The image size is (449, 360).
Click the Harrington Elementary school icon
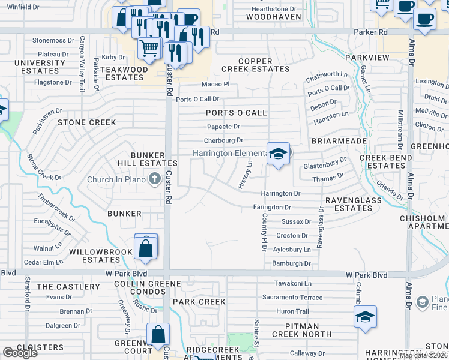click(x=278, y=154)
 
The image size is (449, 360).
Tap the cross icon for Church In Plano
click(x=154, y=178)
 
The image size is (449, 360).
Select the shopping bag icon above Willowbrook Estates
click(x=146, y=247)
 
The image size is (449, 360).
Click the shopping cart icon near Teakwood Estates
click(x=149, y=47)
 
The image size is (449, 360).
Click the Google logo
click(x=20, y=353)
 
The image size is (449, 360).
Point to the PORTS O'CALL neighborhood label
click(x=236, y=113)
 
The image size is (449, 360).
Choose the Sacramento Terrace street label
click(x=292, y=298)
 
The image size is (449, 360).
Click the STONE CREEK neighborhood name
click(x=86, y=122)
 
